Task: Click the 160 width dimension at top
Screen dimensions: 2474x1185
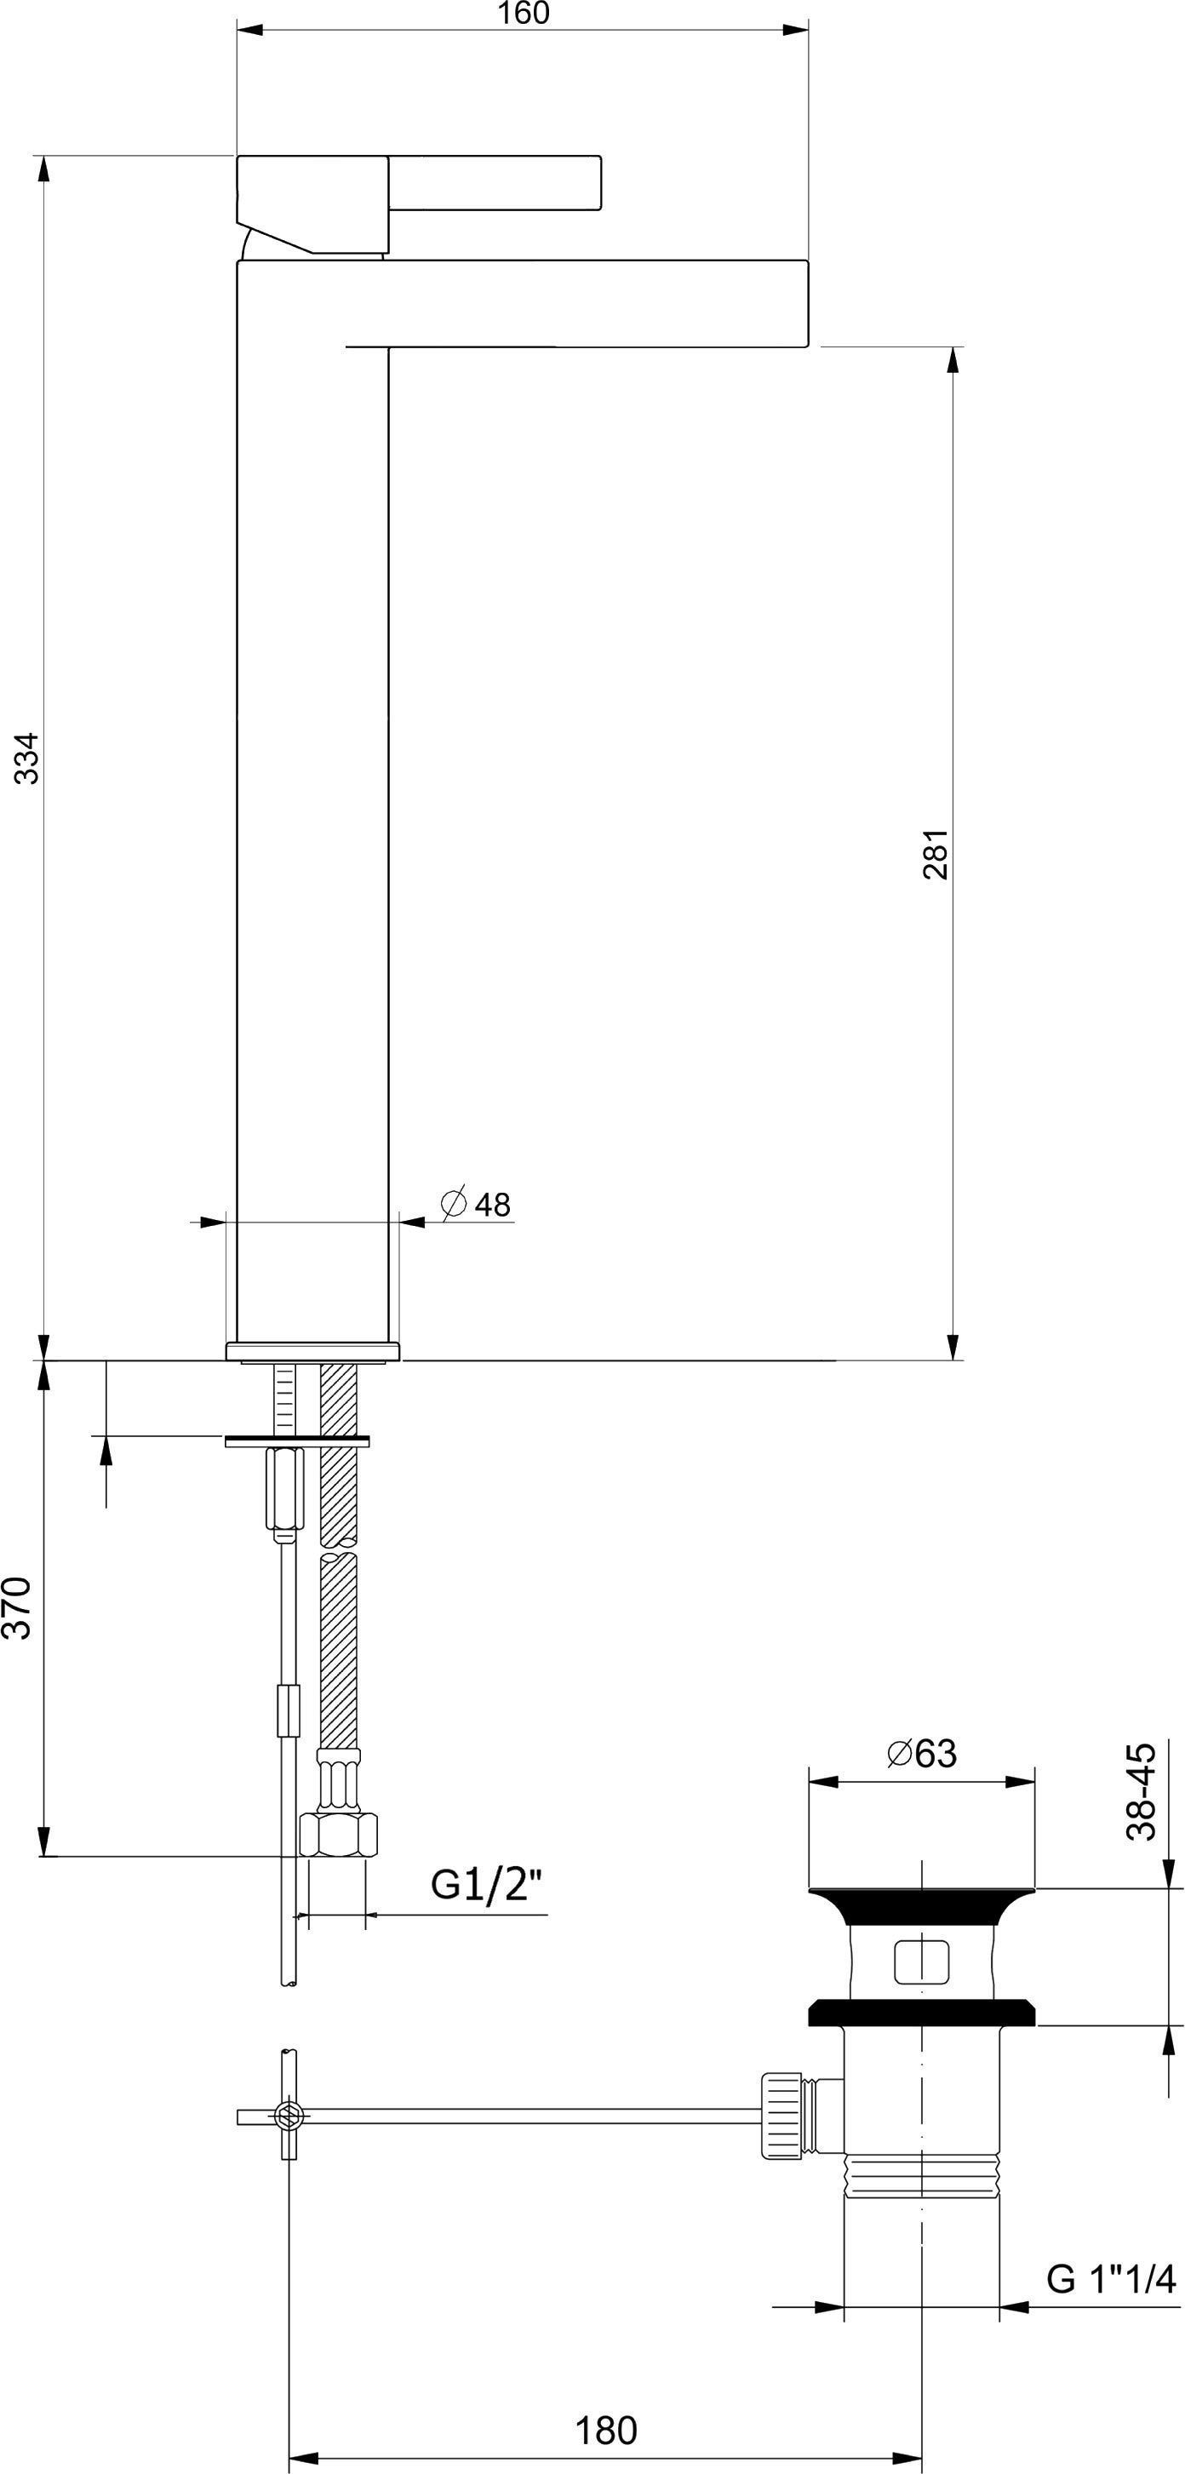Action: pos(524,14)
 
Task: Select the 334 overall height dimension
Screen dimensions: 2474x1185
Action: pos(27,758)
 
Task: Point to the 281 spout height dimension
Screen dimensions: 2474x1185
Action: pos(936,854)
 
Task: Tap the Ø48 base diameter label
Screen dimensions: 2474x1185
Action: pos(477,1204)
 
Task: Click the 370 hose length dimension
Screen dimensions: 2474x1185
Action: pos(20,1607)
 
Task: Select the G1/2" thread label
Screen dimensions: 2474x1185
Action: pos(486,1884)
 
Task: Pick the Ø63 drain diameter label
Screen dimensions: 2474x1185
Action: pos(922,1753)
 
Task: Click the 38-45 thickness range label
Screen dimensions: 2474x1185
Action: pos(1141,1791)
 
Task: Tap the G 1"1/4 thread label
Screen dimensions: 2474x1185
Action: pos(1110,2277)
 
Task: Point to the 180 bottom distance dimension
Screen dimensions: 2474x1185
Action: pos(606,2431)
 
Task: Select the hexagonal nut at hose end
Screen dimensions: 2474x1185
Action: pos(338,1834)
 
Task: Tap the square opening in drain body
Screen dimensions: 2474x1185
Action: pos(921,1961)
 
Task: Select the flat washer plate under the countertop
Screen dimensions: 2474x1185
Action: pos(297,1440)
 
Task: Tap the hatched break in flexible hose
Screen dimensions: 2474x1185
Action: pos(338,1545)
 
